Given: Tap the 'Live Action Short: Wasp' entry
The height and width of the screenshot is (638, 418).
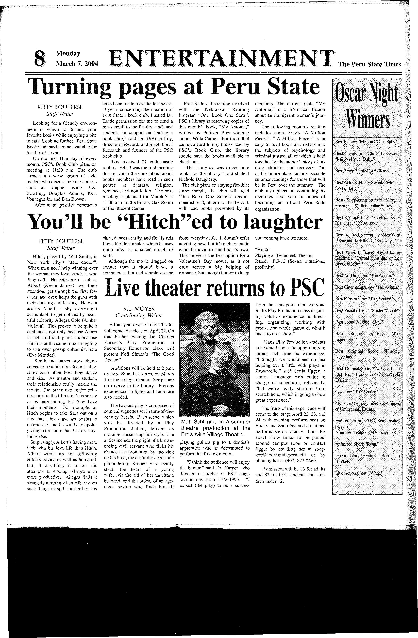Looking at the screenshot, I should [358, 473].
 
